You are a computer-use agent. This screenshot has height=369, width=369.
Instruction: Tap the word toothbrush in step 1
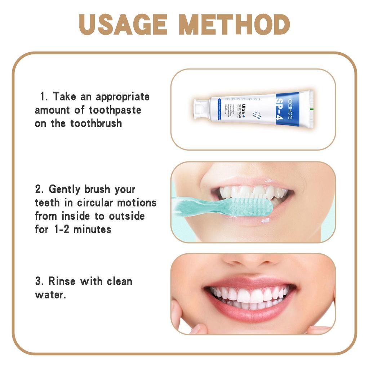(96, 123)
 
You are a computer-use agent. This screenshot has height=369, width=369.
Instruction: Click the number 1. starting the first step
(44, 97)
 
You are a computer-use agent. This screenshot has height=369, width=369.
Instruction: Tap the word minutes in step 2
(93, 229)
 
